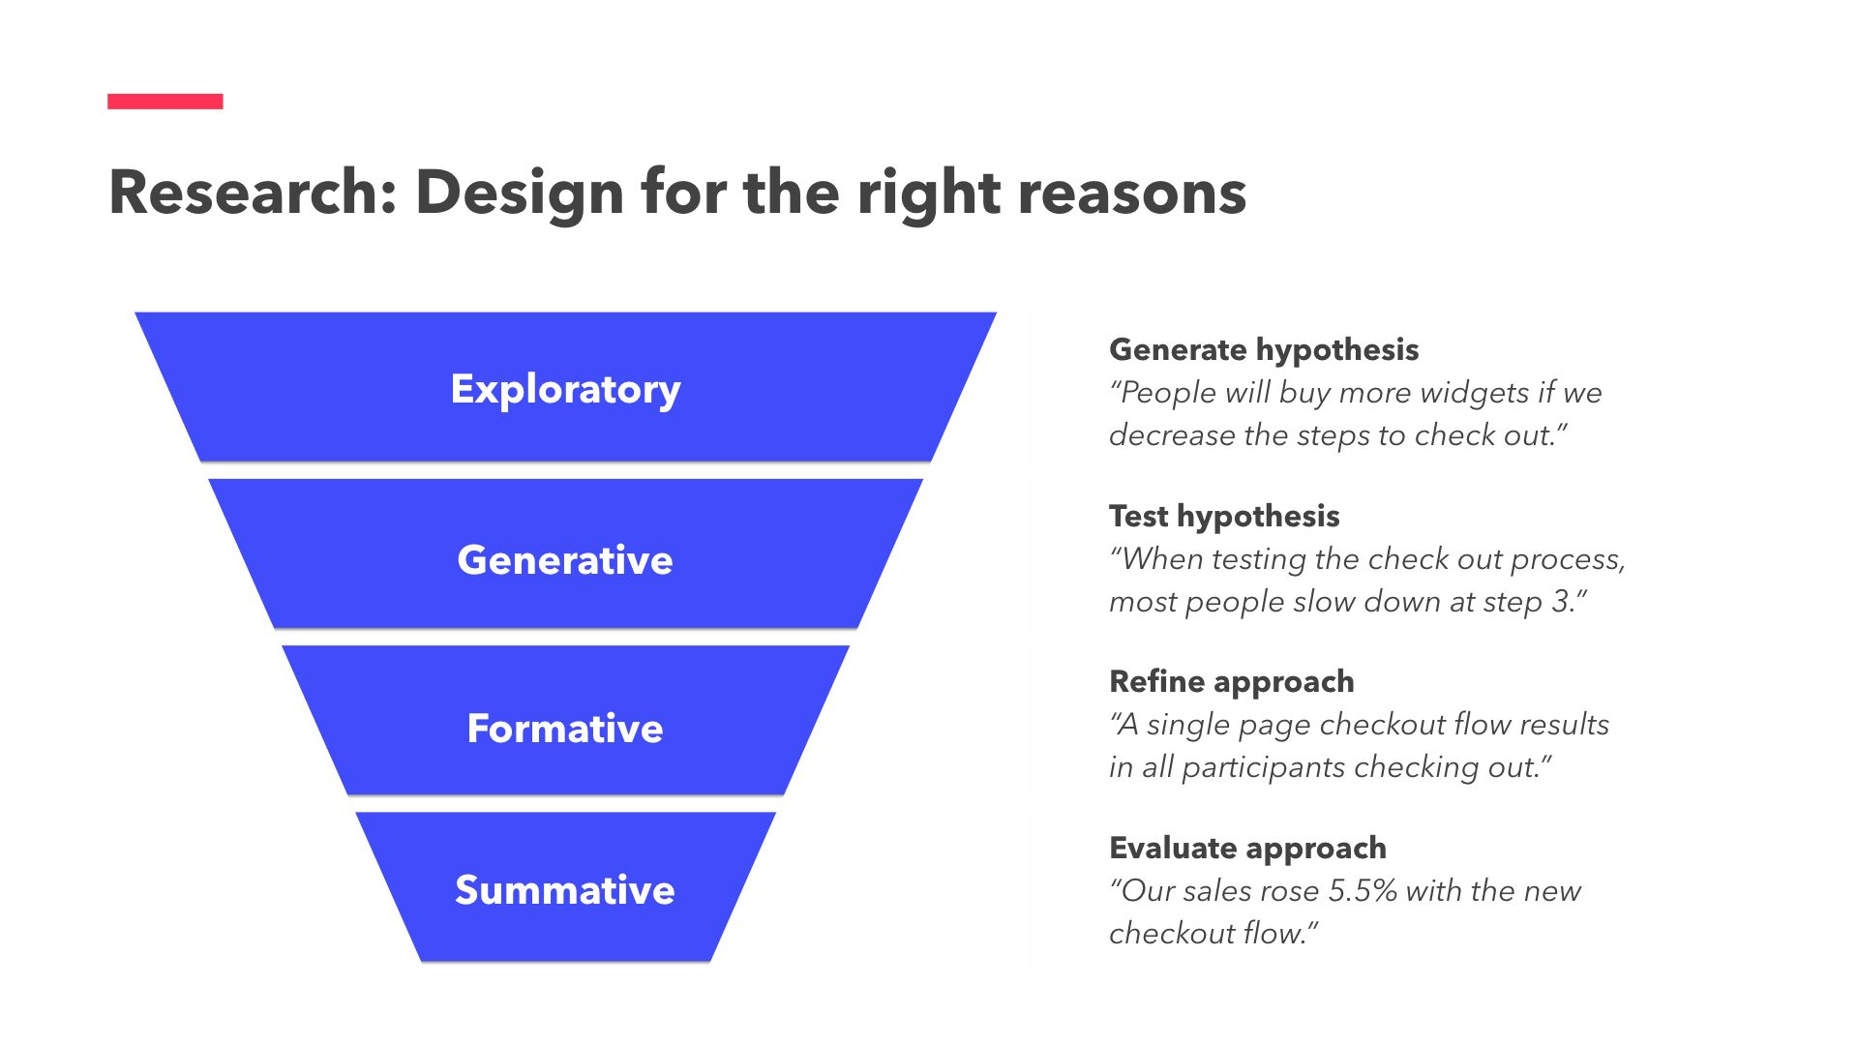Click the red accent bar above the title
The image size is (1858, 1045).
tap(165, 101)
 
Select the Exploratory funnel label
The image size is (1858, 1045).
tap(565, 389)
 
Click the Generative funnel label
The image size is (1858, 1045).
tap(565, 560)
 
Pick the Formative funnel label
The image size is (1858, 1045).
tap(565, 729)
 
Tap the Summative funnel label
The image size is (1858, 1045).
tap(565, 890)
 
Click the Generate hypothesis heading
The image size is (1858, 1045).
tap(1263, 349)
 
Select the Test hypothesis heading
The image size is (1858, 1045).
tap(1223, 516)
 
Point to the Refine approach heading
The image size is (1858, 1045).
tap(1231, 681)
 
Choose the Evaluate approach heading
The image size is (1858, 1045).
tap(1247, 848)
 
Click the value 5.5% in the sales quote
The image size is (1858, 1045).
tap(1362, 890)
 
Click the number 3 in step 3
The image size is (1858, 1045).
tap(1560, 602)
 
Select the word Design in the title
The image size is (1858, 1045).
tap(519, 192)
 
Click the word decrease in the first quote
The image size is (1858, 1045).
tap(1171, 435)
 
